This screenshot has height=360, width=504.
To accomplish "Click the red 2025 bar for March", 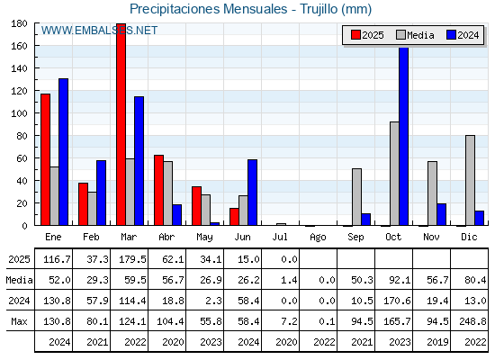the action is pyautogui.click(x=121, y=124).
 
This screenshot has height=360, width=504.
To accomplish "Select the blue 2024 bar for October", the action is pyautogui.click(x=404, y=136).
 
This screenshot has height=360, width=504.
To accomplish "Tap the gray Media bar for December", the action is pyautogui.click(x=470, y=180).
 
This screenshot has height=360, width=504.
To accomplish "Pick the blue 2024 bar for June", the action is pyautogui.click(x=252, y=193).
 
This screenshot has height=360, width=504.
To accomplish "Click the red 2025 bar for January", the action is pyautogui.click(x=45, y=160).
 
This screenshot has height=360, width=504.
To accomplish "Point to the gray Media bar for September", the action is pyautogui.click(x=356, y=197).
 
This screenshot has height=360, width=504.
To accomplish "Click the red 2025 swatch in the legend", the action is pyautogui.click(x=355, y=35).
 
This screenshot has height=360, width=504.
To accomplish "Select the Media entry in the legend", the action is pyautogui.click(x=416, y=35).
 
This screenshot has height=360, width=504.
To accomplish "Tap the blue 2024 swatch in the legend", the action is pyautogui.click(x=451, y=35).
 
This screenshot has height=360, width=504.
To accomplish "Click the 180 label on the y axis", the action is pyautogui.click(x=19, y=23).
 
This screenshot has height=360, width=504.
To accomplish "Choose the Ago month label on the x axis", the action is pyautogui.click(x=318, y=238).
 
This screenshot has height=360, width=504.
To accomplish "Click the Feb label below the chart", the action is pyautogui.click(x=91, y=237).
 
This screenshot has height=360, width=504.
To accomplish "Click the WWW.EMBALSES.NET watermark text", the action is pyautogui.click(x=99, y=31).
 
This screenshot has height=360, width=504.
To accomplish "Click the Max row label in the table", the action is pyautogui.click(x=19, y=321).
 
